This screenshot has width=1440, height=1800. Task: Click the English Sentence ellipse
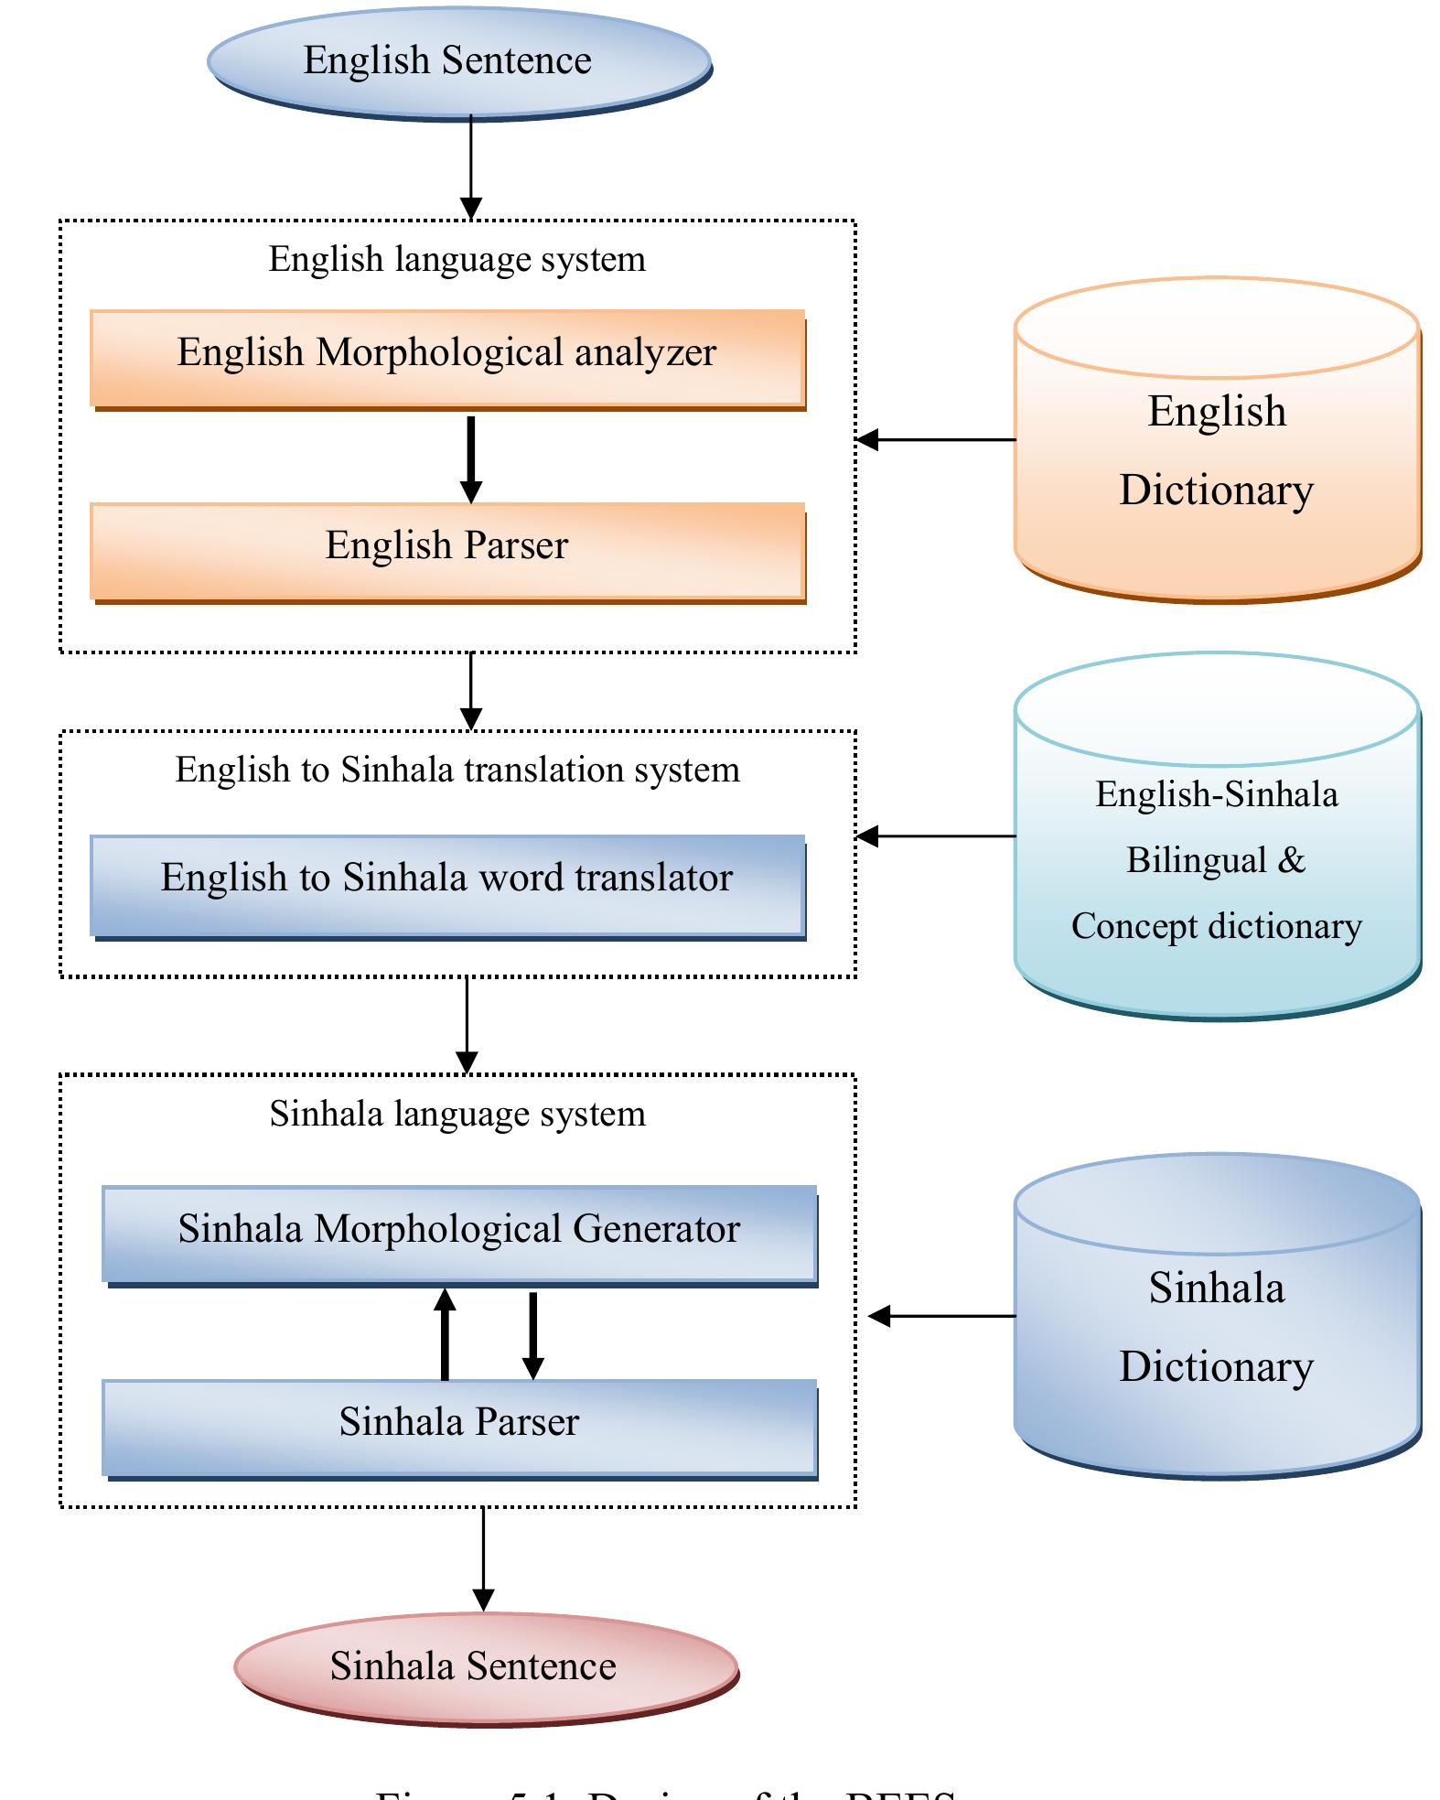(459, 61)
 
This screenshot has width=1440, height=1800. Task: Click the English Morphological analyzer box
(447, 358)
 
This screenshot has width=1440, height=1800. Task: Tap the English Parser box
(447, 550)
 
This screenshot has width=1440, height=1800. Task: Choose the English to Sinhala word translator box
(447, 883)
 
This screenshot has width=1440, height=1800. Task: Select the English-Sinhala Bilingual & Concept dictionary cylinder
(1217, 860)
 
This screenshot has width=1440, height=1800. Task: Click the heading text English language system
(457, 260)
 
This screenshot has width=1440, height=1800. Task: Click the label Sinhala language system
(457, 1115)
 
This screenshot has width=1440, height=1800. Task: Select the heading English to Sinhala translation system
(457, 771)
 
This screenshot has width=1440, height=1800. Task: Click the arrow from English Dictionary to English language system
(936, 440)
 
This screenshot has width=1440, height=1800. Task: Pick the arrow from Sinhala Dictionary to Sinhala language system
(942, 1316)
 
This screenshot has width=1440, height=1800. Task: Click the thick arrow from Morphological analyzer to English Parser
(470, 458)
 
